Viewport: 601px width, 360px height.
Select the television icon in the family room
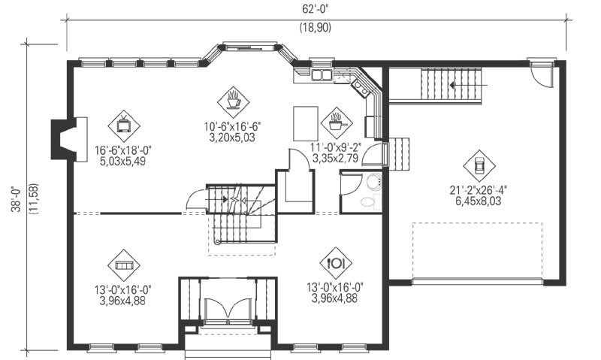coord(122,122)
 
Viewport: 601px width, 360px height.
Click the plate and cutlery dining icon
coord(335,263)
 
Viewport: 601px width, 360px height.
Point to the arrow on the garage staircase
coord(453,85)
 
